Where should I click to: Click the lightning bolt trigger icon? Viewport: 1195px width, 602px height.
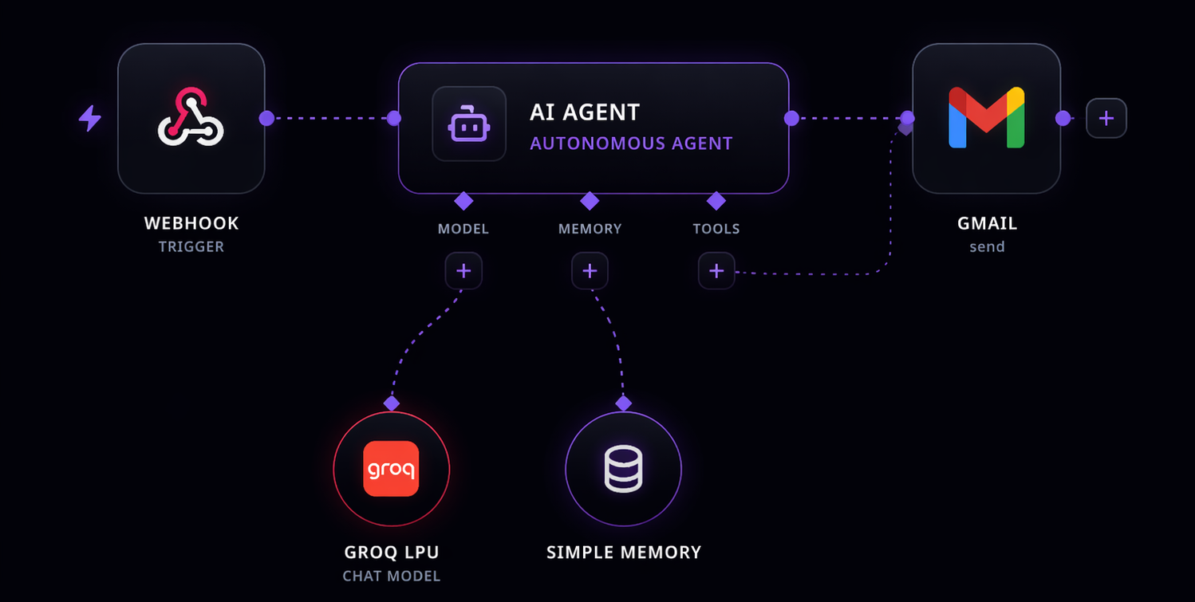[90, 119]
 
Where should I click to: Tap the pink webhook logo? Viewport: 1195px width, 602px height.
[191, 118]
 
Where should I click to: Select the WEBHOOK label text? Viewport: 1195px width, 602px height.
[191, 223]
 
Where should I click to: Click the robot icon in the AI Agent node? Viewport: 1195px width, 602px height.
[469, 124]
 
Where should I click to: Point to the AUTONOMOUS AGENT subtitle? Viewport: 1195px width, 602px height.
[631, 144]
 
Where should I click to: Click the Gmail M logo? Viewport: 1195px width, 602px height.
[986, 118]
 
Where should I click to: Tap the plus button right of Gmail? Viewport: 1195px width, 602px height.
[1106, 118]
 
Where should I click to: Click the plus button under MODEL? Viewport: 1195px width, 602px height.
[463, 271]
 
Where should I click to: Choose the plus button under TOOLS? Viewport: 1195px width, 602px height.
[716, 271]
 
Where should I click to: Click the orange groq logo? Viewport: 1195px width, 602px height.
[391, 468]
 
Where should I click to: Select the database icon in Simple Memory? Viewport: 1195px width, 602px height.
[623, 468]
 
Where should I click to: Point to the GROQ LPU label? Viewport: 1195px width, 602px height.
[392, 552]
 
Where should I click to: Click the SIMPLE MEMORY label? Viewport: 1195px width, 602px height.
[624, 552]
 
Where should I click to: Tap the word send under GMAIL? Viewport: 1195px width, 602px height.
[987, 246]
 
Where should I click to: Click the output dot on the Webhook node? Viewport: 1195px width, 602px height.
[266, 118]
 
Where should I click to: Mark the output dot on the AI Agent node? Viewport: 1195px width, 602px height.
[791, 118]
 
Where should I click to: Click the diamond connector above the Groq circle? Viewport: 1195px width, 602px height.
[391, 403]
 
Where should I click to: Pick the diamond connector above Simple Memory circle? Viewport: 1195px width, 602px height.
[623, 403]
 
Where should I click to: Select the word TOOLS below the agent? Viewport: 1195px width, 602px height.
[716, 229]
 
